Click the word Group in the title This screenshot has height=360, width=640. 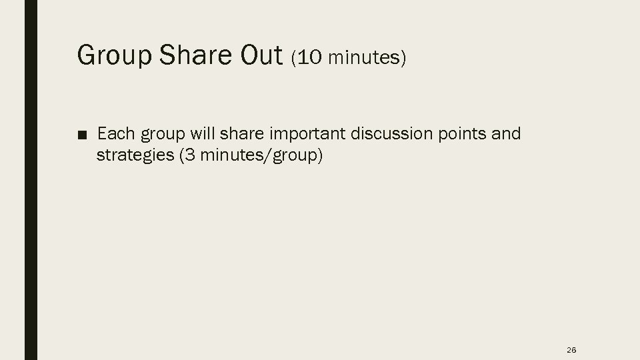[x=113, y=56]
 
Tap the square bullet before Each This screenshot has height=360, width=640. [x=81, y=135]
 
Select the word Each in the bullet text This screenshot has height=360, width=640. [x=116, y=135]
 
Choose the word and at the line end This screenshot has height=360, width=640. [x=506, y=135]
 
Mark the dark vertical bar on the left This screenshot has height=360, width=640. [x=31, y=180]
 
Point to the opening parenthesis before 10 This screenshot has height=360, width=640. [x=294, y=58]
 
